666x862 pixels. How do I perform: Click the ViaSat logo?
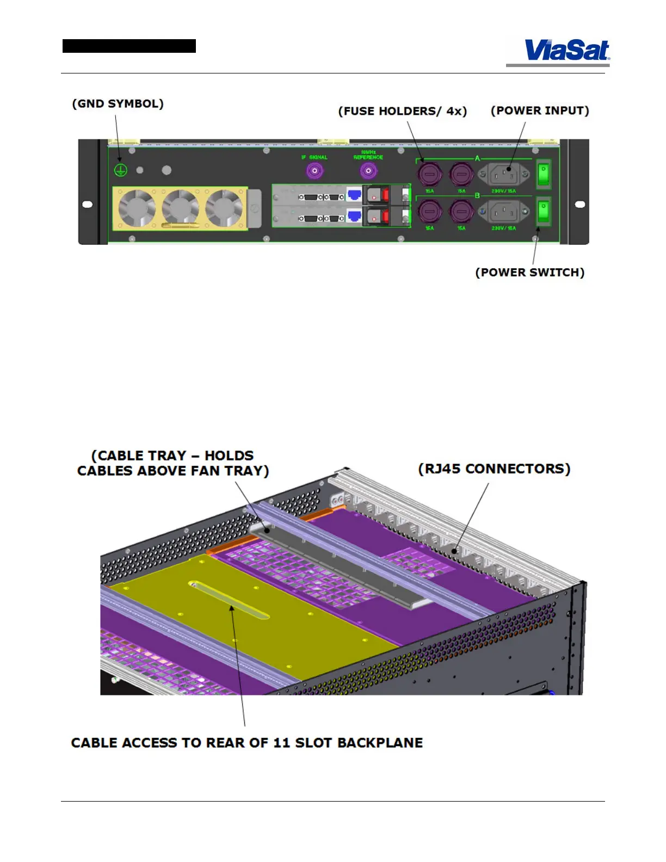coord(566,51)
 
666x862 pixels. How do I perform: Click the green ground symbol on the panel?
coord(120,170)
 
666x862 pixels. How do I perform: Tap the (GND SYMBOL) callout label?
coord(118,103)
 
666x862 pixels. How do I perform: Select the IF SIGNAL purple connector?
coord(314,171)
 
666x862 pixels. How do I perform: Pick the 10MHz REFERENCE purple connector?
coord(368,171)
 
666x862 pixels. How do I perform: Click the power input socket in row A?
coord(504,175)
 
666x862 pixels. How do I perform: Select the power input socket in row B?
coord(504,211)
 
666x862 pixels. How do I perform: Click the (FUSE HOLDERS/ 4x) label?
coord(403,111)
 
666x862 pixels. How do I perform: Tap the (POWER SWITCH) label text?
coord(530,272)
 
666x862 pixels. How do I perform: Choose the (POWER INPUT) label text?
coord(540,110)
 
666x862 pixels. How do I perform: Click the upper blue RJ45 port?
coord(354,195)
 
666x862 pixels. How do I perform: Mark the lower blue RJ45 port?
coord(354,216)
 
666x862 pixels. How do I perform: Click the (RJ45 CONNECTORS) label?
coord(494,469)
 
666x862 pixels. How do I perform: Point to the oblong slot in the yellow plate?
coord(229,601)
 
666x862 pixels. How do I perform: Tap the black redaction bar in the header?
coord(129,46)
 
